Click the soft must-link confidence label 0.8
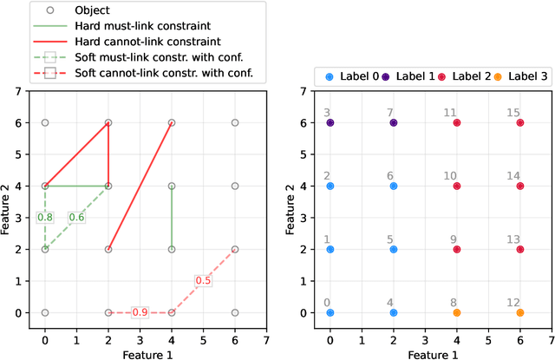coord(45,217)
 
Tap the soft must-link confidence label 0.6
coord(76,217)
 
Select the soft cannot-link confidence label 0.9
coord(140,312)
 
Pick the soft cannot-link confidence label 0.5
coord(203,280)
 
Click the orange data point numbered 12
coord(520,312)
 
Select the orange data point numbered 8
coord(457,312)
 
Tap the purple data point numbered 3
coord(330,123)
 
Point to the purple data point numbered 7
coord(393,123)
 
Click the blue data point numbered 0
coord(330,312)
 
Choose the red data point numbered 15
coord(520,123)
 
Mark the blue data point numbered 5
coord(393,249)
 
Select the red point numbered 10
coord(457,186)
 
